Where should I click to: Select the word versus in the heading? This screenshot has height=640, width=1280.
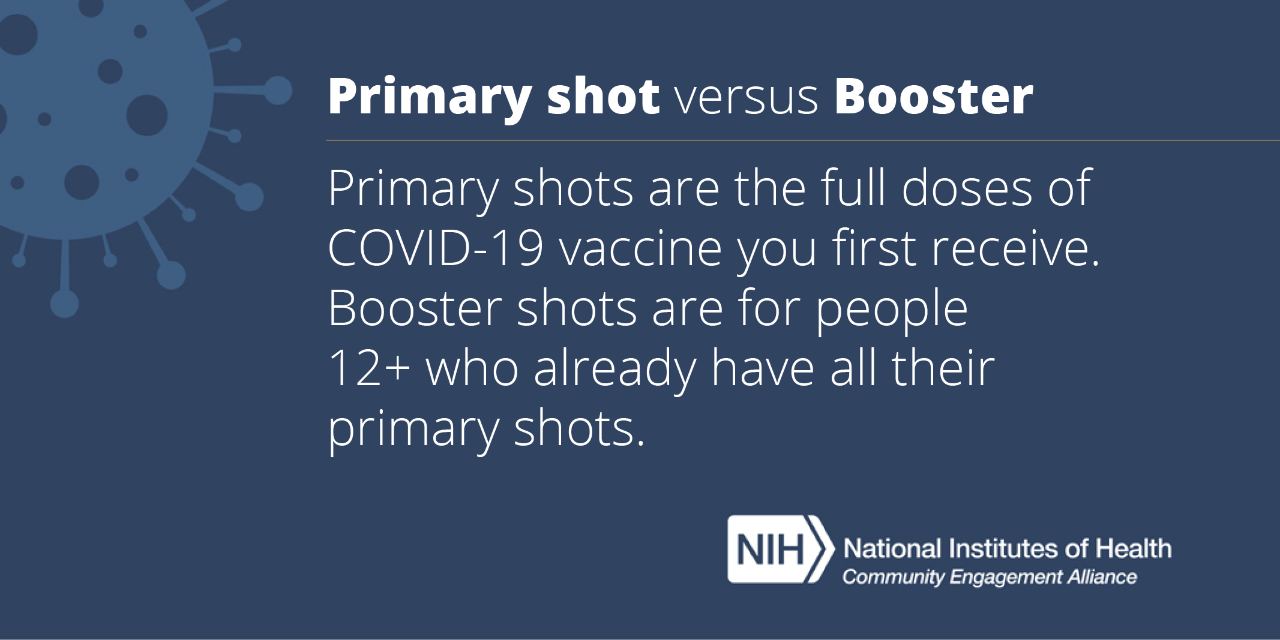click(x=747, y=100)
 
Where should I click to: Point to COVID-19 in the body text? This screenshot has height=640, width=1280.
click(x=436, y=248)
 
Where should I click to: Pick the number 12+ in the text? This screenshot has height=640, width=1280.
click(x=369, y=368)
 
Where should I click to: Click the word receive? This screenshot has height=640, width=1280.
click(x=1011, y=248)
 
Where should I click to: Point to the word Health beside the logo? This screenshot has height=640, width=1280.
click(x=1134, y=549)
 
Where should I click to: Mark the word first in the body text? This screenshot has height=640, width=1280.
click(x=873, y=248)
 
